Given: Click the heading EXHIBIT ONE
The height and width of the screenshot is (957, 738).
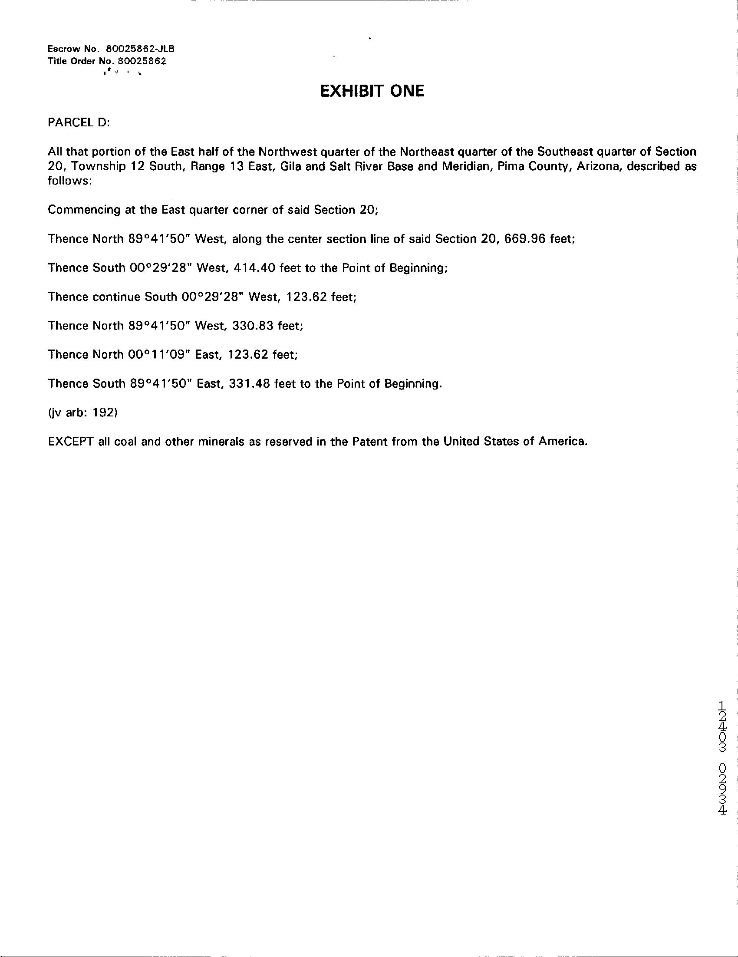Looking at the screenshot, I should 372,91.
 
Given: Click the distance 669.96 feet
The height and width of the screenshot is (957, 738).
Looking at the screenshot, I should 539,239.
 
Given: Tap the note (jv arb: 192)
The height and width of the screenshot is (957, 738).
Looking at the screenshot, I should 82,412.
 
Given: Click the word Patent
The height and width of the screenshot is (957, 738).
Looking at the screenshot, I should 366,441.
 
